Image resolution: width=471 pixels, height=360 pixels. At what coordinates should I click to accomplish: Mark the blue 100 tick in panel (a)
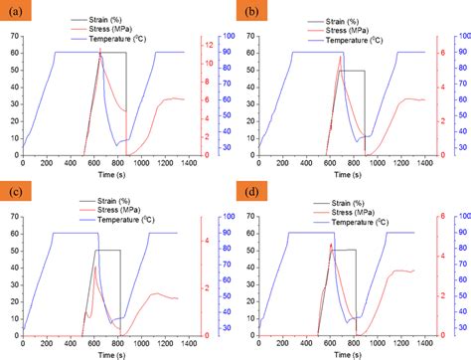(228, 38)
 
